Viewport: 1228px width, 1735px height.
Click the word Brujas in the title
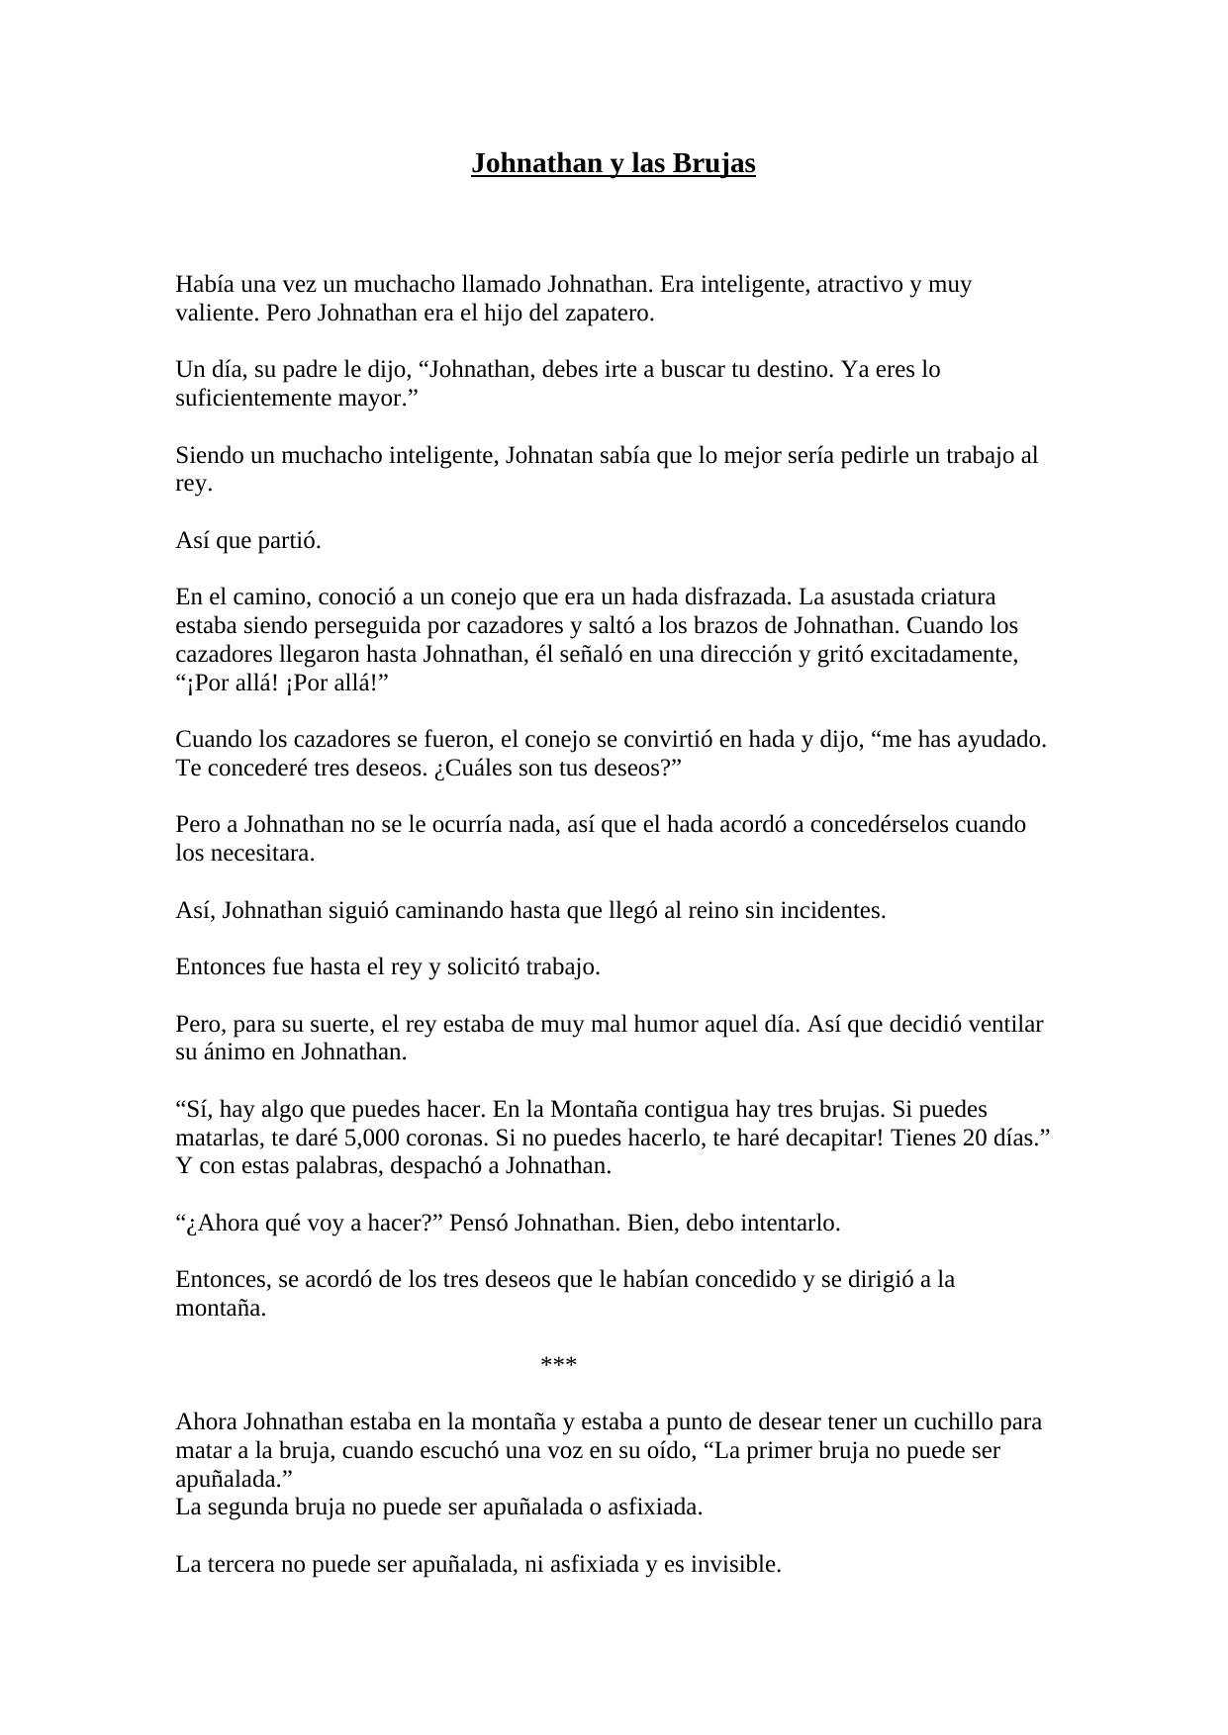713,163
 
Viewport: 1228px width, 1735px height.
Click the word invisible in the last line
734,1565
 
